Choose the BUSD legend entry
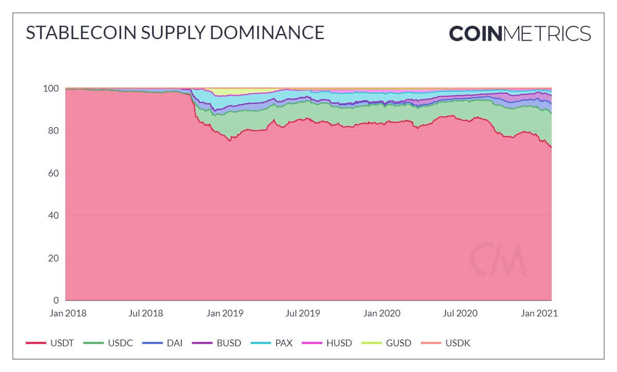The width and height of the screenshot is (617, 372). [215, 343]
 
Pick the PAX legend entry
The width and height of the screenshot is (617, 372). [271, 343]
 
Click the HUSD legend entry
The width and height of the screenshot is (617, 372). [327, 343]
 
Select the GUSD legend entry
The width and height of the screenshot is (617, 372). [386, 343]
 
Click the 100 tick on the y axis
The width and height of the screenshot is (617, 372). [52, 88]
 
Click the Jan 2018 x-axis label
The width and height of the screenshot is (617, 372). [68, 313]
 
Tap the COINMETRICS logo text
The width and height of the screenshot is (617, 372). [520, 33]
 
